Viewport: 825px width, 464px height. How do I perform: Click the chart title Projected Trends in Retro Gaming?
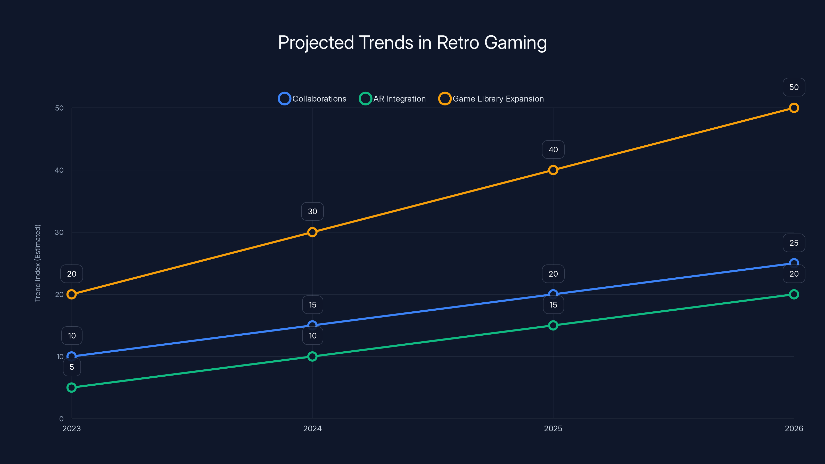[412, 43]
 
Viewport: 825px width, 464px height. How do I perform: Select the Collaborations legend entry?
[312, 99]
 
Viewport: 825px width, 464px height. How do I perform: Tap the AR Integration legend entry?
[393, 99]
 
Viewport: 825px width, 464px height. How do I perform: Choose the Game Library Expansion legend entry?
[491, 99]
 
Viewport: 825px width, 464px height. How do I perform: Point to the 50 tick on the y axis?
[59, 108]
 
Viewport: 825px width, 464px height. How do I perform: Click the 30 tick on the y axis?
[59, 232]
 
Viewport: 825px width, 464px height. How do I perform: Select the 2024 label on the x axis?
[312, 428]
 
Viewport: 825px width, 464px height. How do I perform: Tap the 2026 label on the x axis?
[794, 428]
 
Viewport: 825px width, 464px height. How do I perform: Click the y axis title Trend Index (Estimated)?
[38, 263]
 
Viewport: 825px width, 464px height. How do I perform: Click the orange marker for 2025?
[553, 170]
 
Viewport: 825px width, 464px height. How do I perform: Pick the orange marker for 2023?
[72, 294]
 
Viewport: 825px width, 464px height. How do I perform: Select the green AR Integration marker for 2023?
[72, 387]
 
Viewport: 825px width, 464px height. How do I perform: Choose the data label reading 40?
[553, 150]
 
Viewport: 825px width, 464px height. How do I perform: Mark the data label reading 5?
[72, 367]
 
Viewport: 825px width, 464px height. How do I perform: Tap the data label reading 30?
[312, 211]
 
